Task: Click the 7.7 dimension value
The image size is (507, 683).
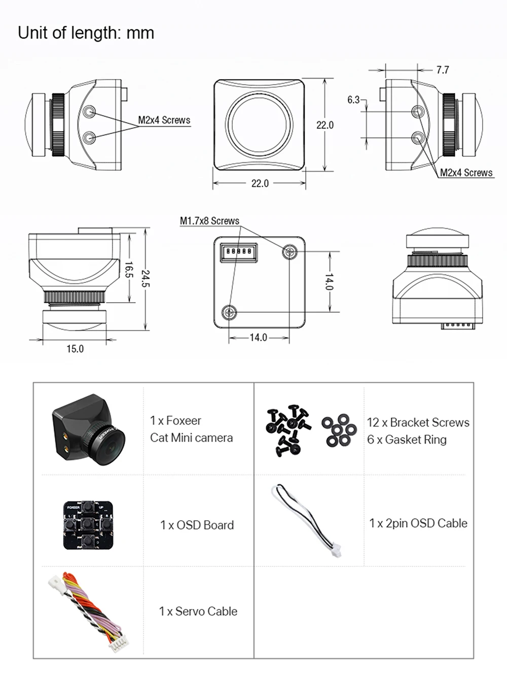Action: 442,70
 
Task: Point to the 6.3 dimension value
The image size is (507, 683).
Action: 353,100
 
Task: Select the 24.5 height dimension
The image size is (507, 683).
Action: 146,279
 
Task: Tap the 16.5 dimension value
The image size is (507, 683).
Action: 129,270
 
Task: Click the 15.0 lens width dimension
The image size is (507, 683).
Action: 75,349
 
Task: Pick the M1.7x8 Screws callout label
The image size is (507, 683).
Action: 209,221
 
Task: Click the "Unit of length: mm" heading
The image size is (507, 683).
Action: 86,33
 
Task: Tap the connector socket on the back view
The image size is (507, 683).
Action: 238,251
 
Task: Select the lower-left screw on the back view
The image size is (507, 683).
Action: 230,312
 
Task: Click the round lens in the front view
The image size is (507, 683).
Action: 260,124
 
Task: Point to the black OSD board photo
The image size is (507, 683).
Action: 88,525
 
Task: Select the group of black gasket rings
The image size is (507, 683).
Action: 338,430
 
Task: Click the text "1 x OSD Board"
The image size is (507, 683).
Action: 197,525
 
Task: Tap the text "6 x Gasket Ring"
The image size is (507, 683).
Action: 407,440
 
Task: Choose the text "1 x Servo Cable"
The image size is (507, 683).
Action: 198,612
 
